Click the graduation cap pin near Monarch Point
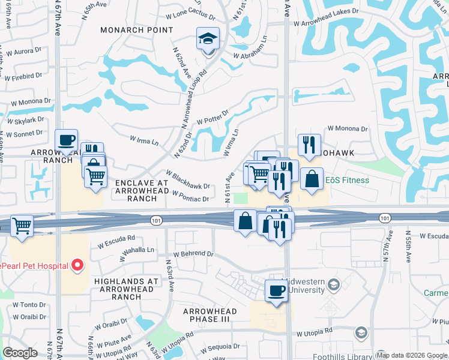coord(208,40)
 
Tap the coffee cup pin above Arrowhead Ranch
coord(67,141)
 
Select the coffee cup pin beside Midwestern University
coord(276,291)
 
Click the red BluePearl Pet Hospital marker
coord(77,265)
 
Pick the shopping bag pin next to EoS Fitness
coord(312,179)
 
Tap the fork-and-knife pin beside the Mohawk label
coord(309,145)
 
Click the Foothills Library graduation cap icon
coord(361,332)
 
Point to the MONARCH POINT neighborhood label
coord(128,30)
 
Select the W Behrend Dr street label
coord(193,254)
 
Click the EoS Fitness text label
coord(347,180)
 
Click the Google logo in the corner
coord(20,353)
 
